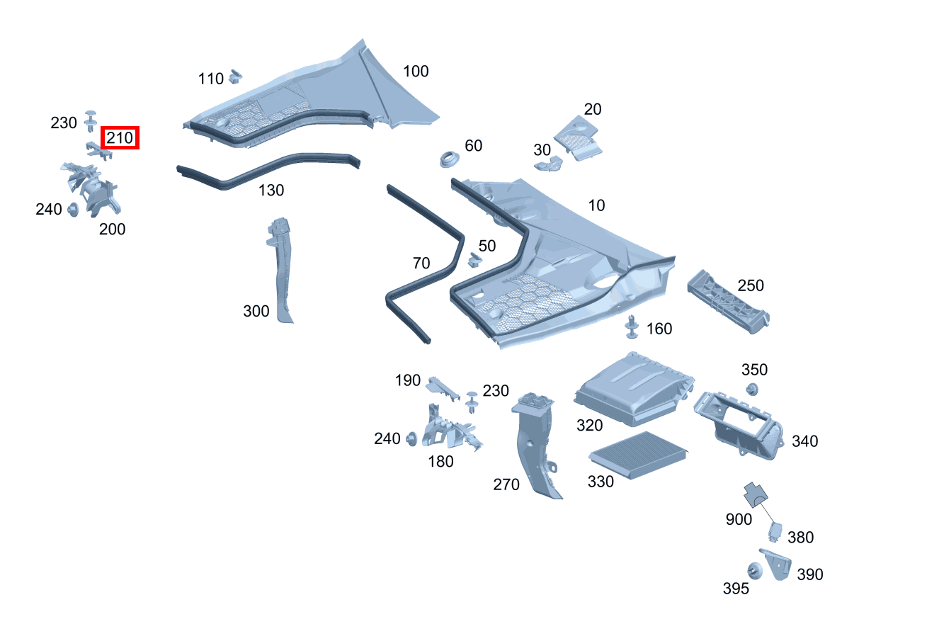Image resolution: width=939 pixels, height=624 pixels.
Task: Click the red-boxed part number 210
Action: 120,138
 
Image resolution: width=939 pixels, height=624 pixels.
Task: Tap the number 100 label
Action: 416,72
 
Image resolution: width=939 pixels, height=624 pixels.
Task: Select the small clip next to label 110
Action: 237,75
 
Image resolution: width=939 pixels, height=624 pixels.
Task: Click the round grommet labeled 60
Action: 448,159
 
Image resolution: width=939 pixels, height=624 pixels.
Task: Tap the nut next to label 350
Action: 752,388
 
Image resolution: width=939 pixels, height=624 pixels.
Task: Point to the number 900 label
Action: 739,519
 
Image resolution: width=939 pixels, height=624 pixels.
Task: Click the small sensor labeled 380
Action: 775,531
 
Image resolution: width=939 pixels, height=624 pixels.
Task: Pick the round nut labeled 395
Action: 753,570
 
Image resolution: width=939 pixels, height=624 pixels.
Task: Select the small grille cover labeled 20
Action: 578,137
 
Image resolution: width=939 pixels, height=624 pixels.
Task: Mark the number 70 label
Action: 421,263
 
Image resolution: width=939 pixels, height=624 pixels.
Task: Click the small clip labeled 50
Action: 474,261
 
